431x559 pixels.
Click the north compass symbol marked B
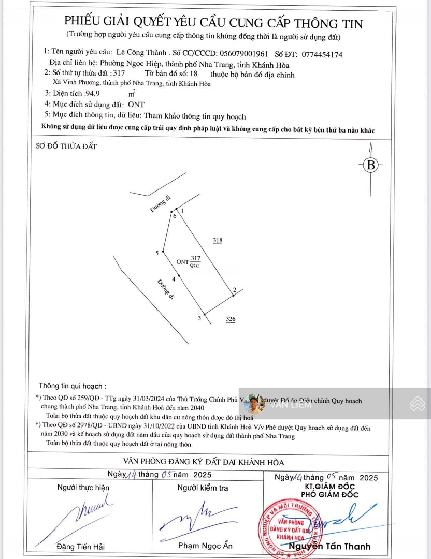point(370,165)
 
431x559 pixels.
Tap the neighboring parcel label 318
point(218,240)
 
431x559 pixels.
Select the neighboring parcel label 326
point(231,319)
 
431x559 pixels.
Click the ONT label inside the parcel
point(182,262)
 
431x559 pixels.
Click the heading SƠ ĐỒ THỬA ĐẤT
point(66,146)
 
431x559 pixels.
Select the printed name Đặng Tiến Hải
point(80,547)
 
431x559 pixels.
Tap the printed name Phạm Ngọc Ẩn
point(205,546)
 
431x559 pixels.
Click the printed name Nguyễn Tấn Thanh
point(330,547)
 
